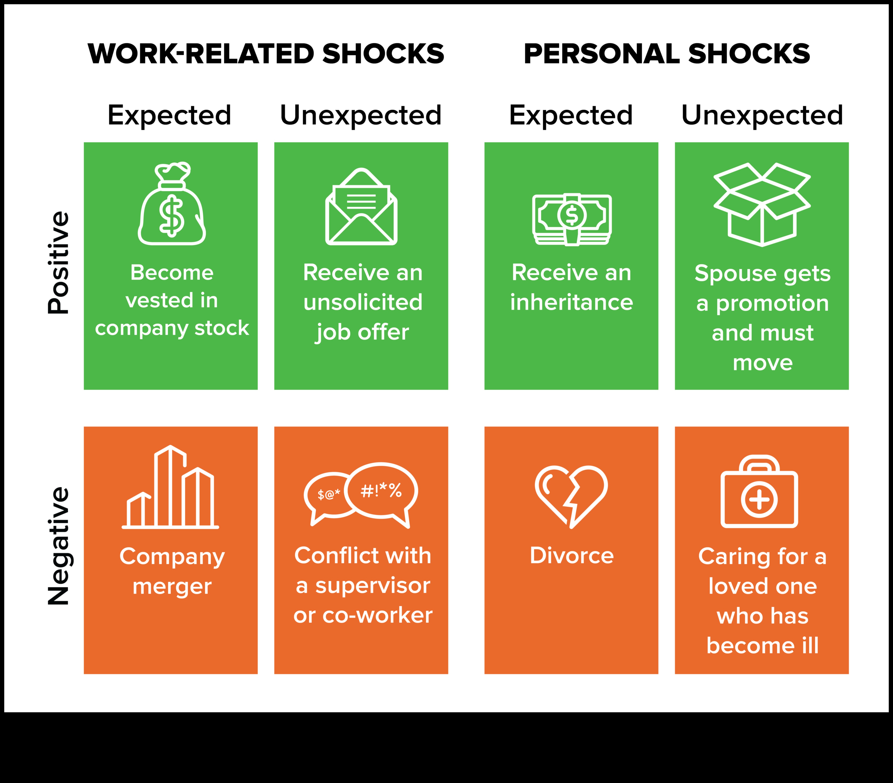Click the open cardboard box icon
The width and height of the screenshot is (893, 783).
coord(762,204)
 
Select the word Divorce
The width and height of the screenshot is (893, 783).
coord(572,555)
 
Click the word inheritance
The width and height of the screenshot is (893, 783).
coord(572,302)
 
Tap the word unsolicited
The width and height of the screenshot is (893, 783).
coord(363,302)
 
